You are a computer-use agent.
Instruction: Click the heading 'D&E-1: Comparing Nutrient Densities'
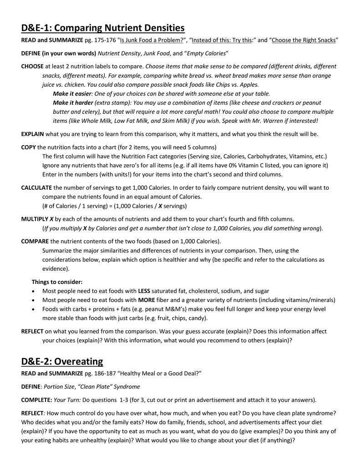coord(103,28)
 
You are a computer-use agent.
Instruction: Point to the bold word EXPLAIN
coord(32,134)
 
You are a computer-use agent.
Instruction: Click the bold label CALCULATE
coord(37,187)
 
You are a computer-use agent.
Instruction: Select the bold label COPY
coord(29,147)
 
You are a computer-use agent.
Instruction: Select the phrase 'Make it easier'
coord(72,94)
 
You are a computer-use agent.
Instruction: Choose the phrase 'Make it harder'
coord(73,103)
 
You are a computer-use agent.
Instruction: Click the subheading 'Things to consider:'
coord(57,282)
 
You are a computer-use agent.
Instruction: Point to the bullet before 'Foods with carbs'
coord(34,309)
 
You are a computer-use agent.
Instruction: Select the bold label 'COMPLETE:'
coord(36,400)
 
